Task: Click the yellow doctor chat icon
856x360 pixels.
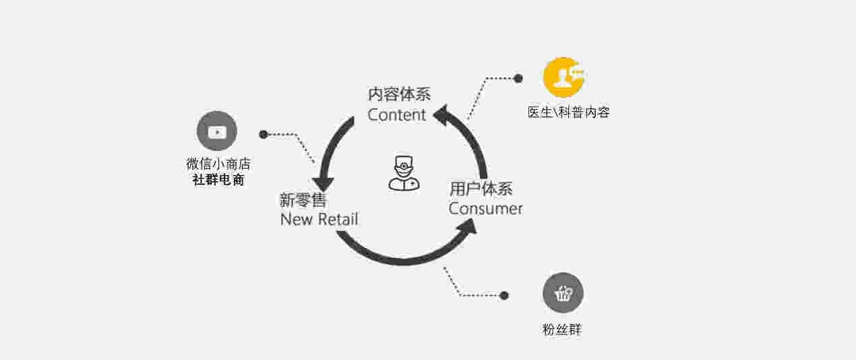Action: [563, 78]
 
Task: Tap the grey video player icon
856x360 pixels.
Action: [216, 131]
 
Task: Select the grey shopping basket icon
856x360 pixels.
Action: [563, 293]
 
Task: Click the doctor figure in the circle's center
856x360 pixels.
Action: [404, 173]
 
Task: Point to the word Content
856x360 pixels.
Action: [397, 115]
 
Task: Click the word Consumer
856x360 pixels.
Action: [486, 209]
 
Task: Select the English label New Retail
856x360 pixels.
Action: [319, 219]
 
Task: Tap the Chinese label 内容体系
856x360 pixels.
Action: [399, 94]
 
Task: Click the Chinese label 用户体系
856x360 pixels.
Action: [481, 189]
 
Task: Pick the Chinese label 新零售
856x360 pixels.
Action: [303, 200]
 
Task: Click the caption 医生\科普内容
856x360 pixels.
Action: [569, 113]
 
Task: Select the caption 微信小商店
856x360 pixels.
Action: [218, 164]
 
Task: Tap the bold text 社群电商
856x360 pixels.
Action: [218, 179]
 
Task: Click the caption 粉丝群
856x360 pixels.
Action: [562, 330]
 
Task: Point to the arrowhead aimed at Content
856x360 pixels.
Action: [441, 115]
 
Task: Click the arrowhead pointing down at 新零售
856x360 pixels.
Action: [324, 184]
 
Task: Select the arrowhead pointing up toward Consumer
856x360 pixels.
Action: [468, 226]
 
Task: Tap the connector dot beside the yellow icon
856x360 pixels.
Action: [518, 78]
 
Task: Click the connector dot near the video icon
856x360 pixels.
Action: [264, 135]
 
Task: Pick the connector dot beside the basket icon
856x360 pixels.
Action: [504, 295]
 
